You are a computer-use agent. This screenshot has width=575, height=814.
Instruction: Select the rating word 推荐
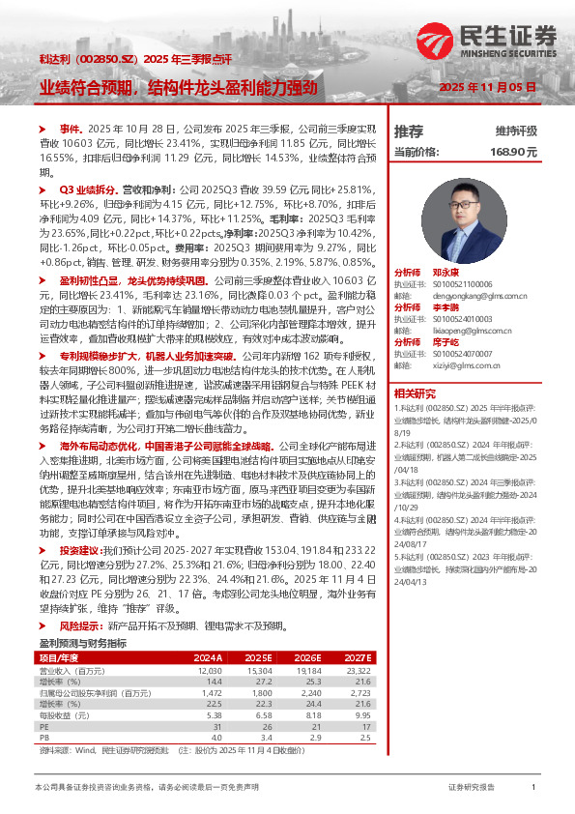(x=410, y=131)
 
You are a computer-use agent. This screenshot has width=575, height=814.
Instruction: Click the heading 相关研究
(x=417, y=393)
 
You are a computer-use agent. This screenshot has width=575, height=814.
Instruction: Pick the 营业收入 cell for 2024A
(x=210, y=669)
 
